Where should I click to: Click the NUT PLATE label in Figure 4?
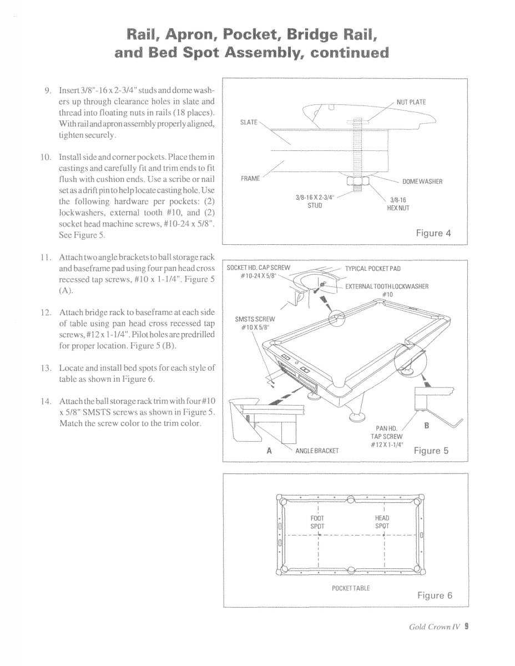tap(411, 102)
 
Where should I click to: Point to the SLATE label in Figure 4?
tap(249, 122)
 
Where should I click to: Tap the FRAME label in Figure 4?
tap(250, 179)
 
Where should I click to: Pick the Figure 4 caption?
tap(433, 233)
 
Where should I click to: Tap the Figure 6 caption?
tap(435, 596)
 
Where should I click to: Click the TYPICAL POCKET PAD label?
tap(373, 269)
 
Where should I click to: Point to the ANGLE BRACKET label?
tap(317, 451)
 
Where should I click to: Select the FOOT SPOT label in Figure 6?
tap(317, 521)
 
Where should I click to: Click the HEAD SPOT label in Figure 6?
tap(382, 521)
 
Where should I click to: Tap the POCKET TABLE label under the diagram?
tap(351, 587)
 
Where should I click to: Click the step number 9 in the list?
tap(48, 90)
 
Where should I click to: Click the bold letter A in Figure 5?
tap(269, 451)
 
